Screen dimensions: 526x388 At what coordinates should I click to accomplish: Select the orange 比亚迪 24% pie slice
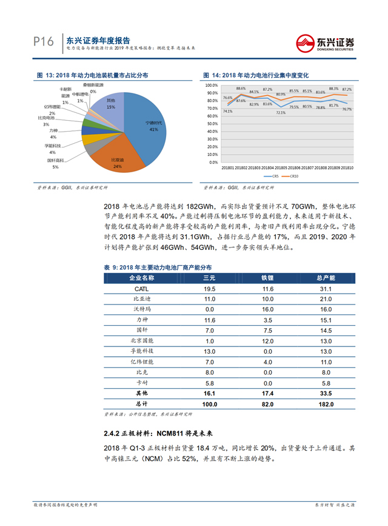click(x=118, y=159)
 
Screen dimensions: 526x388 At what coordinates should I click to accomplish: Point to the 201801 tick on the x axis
click(x=229, y=167)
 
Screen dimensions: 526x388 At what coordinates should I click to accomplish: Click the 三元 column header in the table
click(x=210, y=277)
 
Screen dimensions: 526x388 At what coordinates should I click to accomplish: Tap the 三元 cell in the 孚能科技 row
click(x=210, y=351)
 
